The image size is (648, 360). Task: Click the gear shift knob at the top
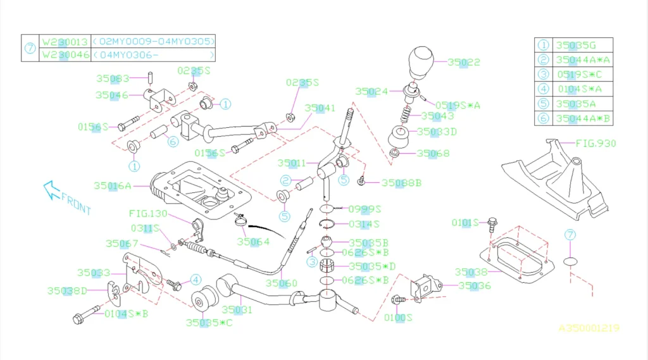pyautogui.click(x=418, y=61)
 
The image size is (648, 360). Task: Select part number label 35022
pyautogui.click(x=464, y=62)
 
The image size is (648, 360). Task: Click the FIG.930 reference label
pyautogui.click(x=595, y=144)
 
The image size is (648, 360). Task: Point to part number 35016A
pyautogui.click(x=113, y=186)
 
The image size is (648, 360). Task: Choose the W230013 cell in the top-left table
pyautogui.click(x=65, y=41)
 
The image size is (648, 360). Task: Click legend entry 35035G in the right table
pyautogui.click(x=575, y=45)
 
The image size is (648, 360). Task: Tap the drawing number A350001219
pyautogui.click(x=588, y=328)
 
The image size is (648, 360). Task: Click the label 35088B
pyautogui.click(x=402, y=183)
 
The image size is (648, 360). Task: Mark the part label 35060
pyautogui.click(x=281, y=283)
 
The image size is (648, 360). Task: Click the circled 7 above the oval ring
pyautogui.click(x=571, y=235)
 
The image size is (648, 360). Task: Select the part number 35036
pyautogui.click(x=475, y=285)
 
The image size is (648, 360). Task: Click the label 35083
pyautogui.click(x=113, y=79)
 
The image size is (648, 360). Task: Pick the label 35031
pyautogui.click(x=237, y=310)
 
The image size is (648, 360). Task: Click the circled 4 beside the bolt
pyautogui.click(x=196, y=279)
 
